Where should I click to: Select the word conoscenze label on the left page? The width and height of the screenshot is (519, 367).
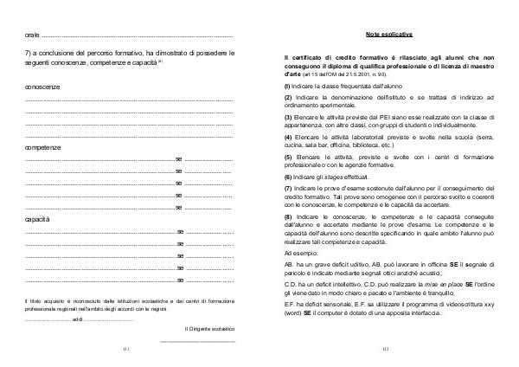point(42,87)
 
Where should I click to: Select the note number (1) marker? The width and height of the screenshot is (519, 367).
point(288,87)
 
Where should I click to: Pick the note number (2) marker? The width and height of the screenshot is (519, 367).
point(288,97)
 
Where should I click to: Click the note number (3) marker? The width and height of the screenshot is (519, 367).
point(288,116)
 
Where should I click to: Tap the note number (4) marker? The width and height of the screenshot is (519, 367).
point(288,136)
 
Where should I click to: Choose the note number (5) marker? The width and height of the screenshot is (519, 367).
point(288,156)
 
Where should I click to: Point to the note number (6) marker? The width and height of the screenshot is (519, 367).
point(288,175)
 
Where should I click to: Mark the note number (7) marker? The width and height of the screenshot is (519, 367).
point(288,187)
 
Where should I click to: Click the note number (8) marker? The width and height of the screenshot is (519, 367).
point(288,215)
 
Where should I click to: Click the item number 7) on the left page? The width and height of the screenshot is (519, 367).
point(28,54)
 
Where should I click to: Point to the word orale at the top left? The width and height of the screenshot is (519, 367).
point(31,34)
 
